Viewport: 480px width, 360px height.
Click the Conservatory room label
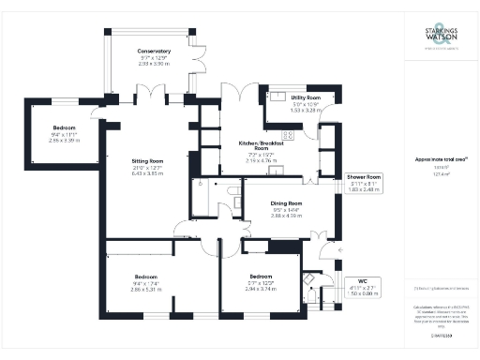(154, 51)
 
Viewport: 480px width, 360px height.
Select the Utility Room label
(306, 97)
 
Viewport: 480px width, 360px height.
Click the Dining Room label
(288, 202)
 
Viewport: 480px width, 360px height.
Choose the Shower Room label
(364, 176)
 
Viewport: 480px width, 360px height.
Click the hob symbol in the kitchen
(287, 134)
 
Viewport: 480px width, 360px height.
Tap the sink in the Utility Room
(280, 96)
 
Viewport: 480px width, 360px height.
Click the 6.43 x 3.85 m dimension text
(147, 173)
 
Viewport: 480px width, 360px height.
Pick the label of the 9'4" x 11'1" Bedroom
(64, 127)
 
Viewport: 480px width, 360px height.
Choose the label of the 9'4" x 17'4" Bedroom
(145, 277)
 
